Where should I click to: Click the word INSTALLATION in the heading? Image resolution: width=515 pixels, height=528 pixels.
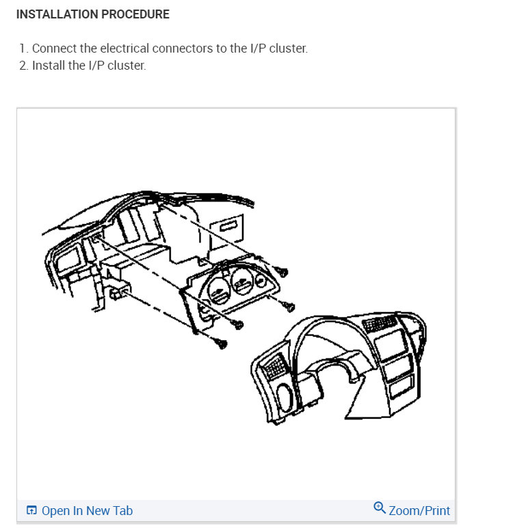[x=57, y=14]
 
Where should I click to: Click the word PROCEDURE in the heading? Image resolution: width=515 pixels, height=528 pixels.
[x=135, y=14]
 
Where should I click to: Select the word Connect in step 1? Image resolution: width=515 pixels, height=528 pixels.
[x=54, y=48]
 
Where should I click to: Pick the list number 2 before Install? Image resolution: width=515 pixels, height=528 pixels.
[x=23, y=66]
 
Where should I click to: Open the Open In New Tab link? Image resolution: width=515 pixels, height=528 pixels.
[x=87, y=510]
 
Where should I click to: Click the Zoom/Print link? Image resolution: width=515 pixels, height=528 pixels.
[x=419, y=510]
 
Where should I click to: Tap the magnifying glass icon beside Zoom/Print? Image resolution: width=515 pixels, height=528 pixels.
[x=380, y=508]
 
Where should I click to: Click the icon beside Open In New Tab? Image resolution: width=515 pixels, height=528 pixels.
[x=31, y=510]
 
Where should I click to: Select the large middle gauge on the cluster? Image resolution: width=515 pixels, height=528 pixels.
[x=242, y=282]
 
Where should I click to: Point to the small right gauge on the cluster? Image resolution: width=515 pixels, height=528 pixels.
[x=261, y=280]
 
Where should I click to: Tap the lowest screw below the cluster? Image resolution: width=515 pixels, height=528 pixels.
[x=220, y=343]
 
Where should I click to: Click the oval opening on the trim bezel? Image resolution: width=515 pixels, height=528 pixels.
[x=285, y=398]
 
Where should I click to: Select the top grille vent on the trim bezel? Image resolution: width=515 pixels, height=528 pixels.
[x=380, y=323]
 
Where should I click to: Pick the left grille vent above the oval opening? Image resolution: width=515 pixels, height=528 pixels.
[x=274, y=367]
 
